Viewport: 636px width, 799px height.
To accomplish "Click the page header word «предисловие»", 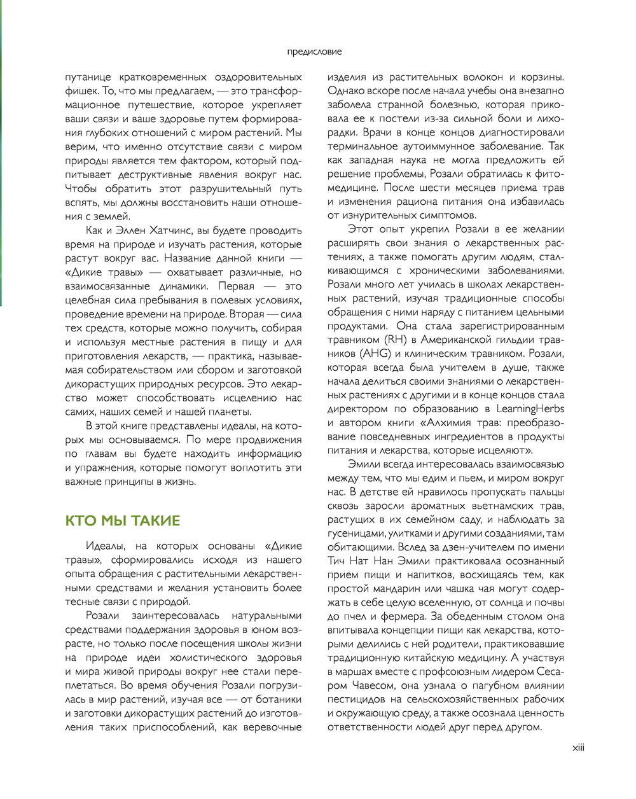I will click(x=314, y=52).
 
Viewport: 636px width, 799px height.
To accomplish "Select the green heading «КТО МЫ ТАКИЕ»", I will click(x=123, y=520).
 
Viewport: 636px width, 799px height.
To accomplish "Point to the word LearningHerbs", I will click(x=530, y=408).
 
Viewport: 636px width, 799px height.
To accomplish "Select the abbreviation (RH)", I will click(x=396, y=340).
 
